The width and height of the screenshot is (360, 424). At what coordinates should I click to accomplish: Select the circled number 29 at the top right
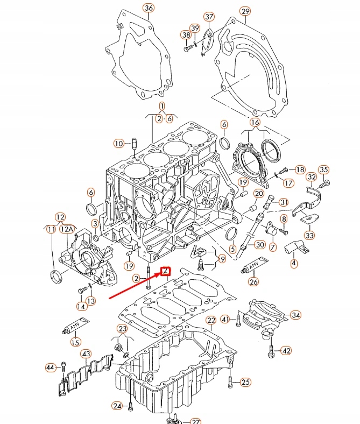(245, 11)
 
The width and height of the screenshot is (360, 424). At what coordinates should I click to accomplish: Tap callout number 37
(209, 17)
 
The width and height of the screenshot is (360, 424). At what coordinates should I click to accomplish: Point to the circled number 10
(118, 143)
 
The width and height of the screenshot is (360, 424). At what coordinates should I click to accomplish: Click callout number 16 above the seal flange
(255, 123)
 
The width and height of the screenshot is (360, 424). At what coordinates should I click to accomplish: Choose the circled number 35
(323, 171)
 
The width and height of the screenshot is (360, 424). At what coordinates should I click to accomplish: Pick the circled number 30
(260, 245)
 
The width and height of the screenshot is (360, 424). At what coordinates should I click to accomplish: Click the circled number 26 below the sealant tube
(253, 281)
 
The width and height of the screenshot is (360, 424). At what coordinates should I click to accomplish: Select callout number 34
(296, 315)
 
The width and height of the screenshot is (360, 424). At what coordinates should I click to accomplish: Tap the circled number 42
(286, 351)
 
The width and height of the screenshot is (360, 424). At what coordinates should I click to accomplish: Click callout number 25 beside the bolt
(245, 383)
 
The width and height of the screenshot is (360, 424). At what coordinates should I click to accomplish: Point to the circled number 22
(211, 321)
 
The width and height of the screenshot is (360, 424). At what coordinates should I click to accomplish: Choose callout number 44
(50, 368)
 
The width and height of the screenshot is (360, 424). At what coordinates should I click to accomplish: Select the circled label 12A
(66, 229)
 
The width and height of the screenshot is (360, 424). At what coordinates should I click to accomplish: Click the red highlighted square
(166, 271)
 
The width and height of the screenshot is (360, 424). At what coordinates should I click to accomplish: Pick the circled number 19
(128, 266)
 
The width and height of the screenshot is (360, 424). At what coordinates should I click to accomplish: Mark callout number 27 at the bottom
(195, 422)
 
